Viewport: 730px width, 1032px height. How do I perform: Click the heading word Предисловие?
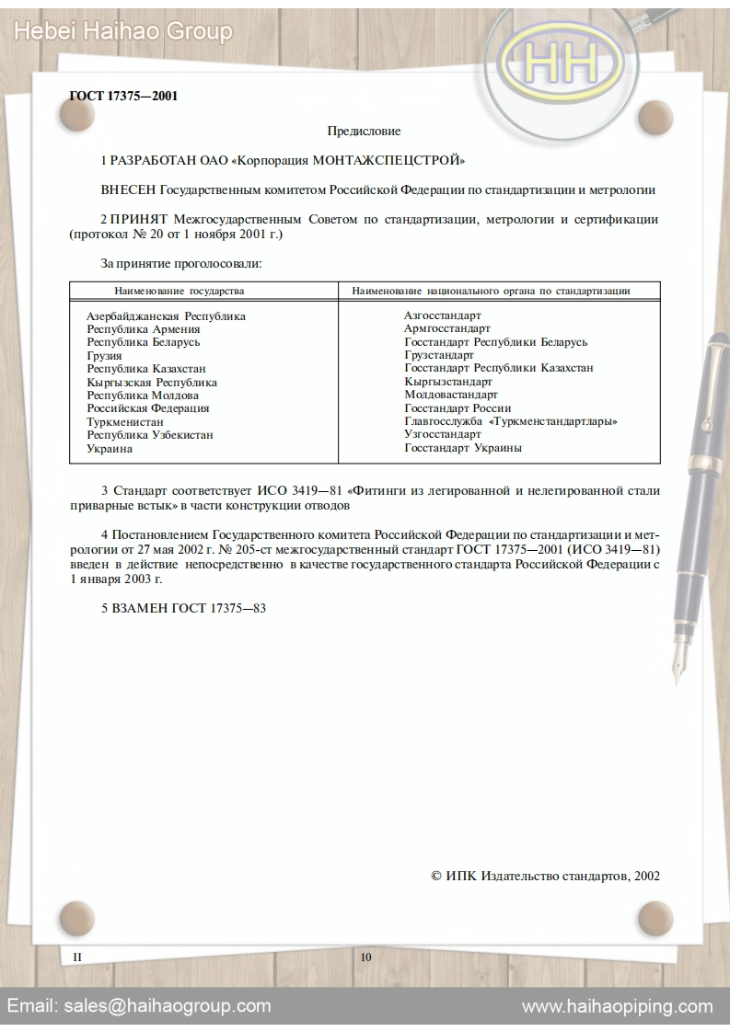click(x=364, y=132)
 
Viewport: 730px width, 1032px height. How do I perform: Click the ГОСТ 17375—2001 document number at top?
click(x=123, y=96)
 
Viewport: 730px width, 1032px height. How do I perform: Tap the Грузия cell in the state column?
click(x=104, y=355)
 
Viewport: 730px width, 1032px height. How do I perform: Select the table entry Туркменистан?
click(x=125, y=421)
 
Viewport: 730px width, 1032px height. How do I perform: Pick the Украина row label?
click(x=110, y=448)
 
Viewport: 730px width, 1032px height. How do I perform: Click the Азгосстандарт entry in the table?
click(x=442, y=315)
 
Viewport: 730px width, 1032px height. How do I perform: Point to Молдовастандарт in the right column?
click(x=451, y=395)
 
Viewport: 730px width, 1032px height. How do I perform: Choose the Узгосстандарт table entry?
click(x=443, y=434)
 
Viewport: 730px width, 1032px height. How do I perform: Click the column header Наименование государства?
click(x=179, y=291)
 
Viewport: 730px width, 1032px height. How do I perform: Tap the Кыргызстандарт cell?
click(x=448, y=382)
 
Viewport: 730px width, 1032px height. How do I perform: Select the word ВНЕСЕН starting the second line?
click(x=128, y=190)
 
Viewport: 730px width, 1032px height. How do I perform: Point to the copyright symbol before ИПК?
click(x=436, y=876)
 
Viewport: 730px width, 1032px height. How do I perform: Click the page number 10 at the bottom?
click(x=365, y=957)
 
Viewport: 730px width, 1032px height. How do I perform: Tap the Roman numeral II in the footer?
click(x=77, y=957)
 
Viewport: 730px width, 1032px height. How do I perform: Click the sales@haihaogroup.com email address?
click(x=167, y=1005)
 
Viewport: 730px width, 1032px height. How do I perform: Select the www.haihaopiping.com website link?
click(x=617, y=1005)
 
